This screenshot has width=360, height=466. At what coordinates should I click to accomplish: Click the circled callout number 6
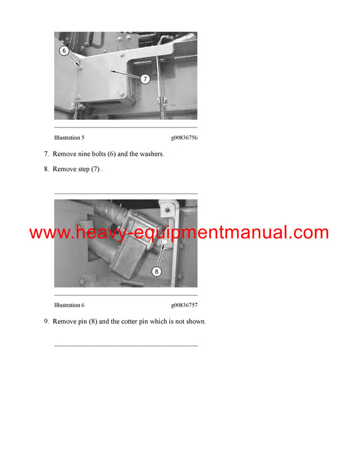tap(64, 51)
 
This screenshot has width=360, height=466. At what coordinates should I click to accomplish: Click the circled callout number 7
tap(145, 79)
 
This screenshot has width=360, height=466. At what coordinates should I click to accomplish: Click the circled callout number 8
tap(157, 271)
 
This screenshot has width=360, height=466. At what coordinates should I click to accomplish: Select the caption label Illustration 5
tap(69, 138)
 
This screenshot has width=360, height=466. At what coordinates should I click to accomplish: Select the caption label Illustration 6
tap(69, 305)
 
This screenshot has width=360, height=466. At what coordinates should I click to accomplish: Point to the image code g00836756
tap(184, 138)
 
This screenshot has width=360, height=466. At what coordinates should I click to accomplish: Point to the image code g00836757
tap(184, 305)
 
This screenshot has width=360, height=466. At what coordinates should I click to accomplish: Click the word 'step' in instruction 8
tap(83, 169)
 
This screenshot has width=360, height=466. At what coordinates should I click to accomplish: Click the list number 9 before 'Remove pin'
tap(46, 321)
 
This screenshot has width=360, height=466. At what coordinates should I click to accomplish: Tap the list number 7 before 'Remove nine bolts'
tap(46, 154)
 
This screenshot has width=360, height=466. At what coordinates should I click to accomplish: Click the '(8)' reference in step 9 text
tap(93, 321)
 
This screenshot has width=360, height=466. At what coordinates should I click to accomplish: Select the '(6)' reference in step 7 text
tap(112, 154)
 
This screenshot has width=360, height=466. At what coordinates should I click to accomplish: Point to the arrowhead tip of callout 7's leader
tap(111, 71)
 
